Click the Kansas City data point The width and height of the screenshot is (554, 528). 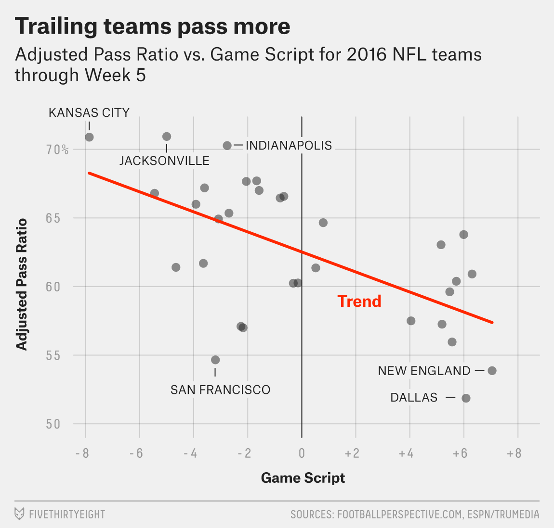[x=89, y=137]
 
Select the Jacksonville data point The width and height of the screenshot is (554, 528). [x=167, y=137]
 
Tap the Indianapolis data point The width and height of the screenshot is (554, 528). [x=227, y=145]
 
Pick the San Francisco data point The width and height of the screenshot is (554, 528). [x=215, y=360]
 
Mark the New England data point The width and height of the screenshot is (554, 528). [x=492, y=371]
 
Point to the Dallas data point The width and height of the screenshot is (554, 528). [x=466, y=398]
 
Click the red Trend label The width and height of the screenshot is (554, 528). [x=359, y=301]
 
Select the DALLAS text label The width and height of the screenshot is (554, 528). [x=414, y=398]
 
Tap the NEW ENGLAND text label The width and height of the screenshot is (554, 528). [x=424, y=371]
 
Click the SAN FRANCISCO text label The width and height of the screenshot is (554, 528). [x=220, y=390]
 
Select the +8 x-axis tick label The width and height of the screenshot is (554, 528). [x=514, y=453]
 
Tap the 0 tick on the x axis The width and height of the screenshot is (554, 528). [x=302, y=453]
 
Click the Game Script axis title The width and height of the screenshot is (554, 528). [x=303, y=478]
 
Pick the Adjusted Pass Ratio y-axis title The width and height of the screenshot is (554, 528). [x=21, y=284]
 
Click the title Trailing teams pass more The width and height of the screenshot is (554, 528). [x=152, y=26]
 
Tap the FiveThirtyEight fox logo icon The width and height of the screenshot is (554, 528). [x=19, y=514]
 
